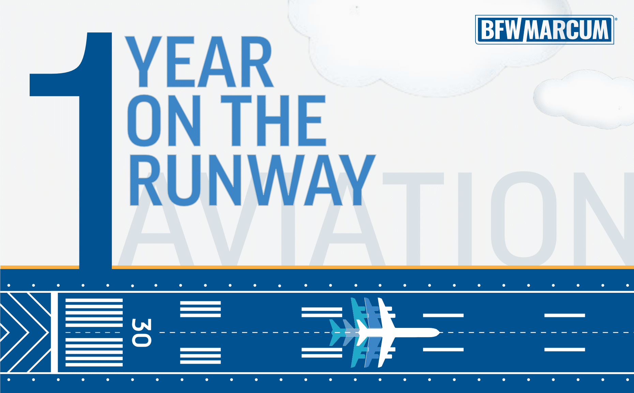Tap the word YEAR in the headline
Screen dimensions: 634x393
point(199,62)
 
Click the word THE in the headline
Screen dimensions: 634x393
point(274,121)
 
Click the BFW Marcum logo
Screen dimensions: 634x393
point(545,30)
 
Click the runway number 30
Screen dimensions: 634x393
point(141,333)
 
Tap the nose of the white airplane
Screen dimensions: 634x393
point(439,332)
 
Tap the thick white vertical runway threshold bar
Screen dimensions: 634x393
point(54,332)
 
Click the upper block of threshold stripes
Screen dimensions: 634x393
point(94,313)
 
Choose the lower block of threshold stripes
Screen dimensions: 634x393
point(94,352)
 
